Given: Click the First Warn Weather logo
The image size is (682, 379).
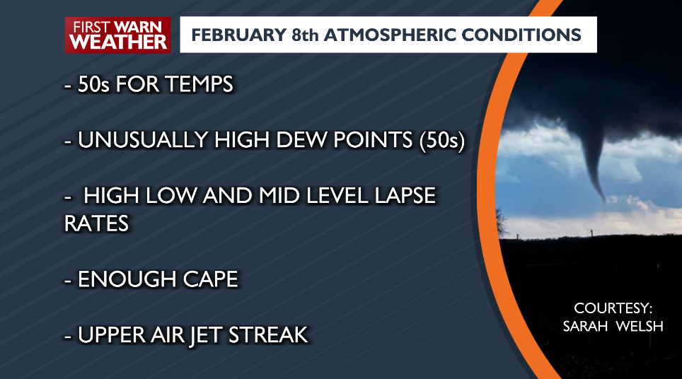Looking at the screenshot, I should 118,35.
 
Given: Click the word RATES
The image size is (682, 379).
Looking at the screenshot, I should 96,223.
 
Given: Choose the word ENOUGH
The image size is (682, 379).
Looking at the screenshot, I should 121,279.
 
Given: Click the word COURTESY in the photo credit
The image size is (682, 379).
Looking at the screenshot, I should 613,309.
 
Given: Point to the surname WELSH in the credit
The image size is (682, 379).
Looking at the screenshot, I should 640,327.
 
